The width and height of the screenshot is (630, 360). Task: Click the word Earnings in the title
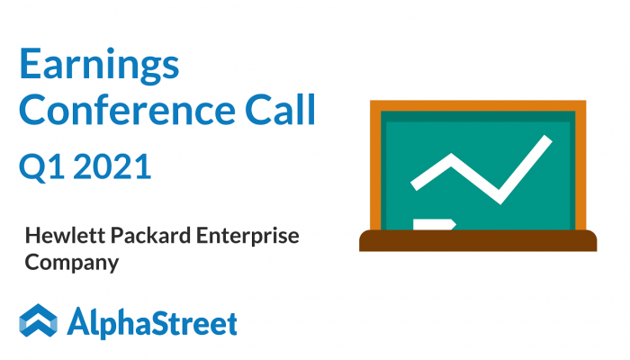tap(99, 66)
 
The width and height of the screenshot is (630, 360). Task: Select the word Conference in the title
tap(127, 109)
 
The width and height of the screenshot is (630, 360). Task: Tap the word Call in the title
tap(281, 109)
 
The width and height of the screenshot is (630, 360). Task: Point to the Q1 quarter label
tap(41, 166)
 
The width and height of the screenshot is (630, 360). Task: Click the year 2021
tap(112, 166)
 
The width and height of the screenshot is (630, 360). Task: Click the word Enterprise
tap(247, 236)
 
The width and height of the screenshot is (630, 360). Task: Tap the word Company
tap(72, 263)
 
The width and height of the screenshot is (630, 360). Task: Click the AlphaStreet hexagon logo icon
tap(38, 320)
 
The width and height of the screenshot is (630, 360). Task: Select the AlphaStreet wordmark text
tap(152, 322)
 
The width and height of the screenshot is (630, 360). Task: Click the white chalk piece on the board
tap(435, 224)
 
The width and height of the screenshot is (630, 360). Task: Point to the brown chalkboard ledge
tap(478, 240)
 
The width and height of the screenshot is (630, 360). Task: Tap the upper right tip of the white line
tap(549, 139)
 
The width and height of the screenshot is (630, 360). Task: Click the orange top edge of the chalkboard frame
tap(478, 105)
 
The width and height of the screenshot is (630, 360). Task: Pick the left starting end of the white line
tap(414, 185)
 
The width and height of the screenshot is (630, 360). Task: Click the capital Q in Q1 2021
tap(32, 167)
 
